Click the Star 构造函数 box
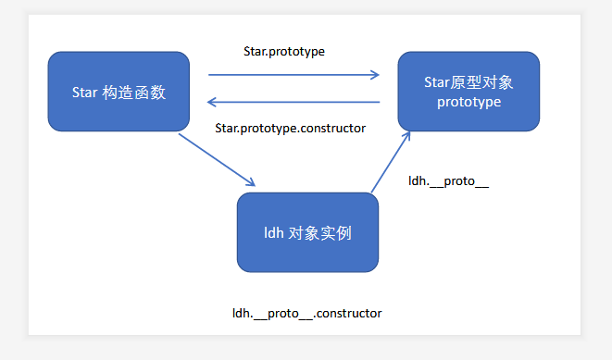119,92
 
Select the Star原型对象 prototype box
468,92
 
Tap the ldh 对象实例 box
307,232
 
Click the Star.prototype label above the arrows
284,52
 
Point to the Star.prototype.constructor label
291,129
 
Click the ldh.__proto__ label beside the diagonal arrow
448,181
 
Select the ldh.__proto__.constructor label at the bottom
307,313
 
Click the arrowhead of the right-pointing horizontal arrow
375,74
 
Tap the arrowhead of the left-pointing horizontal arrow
211,102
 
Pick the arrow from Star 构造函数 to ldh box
217,160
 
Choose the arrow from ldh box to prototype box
391,162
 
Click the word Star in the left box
84,93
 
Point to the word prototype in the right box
468,102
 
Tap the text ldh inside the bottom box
274,233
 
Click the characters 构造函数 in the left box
134,93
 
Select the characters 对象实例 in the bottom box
320,233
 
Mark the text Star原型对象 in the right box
468,82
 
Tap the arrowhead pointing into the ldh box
251,182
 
